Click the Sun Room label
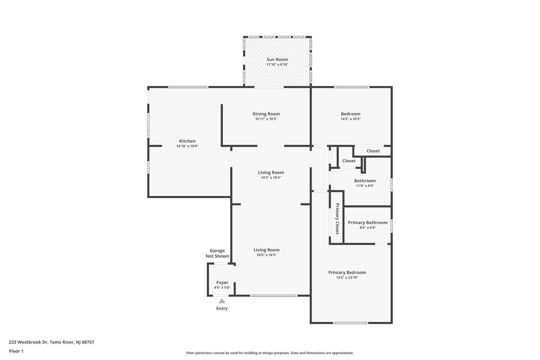click(277, 59)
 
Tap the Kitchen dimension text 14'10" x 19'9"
click(187, 146)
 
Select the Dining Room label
click(266, 114)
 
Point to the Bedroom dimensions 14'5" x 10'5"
click(351, 119)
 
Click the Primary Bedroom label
click(347, 272)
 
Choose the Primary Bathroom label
click(368, 222)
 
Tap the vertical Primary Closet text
click(337, 219)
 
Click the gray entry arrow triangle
click(222, 301)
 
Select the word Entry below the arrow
click(222, 308)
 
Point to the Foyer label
click(222, 282)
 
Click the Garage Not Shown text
click(217, 253)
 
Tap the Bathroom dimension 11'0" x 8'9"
click(365, 186)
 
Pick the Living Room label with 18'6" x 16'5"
click(267, 250)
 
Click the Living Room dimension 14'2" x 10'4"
click(271, 177)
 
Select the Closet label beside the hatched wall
click(349, 161)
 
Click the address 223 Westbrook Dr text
click(28, 342)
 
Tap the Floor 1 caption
click(16, 351)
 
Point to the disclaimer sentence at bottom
click(270, 353)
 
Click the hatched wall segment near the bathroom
click(363, 165)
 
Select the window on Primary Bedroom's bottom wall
click(351, 323)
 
